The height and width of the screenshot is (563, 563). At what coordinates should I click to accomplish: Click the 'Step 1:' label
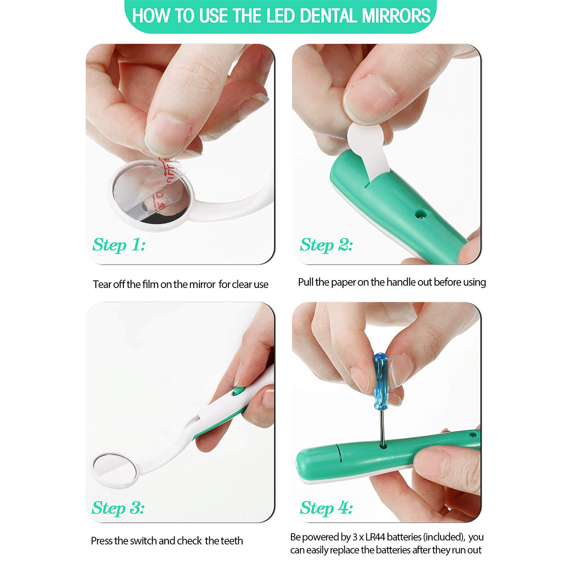click(x=119, y=245)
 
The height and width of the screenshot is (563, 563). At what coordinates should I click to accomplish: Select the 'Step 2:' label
click(x=326, y=245)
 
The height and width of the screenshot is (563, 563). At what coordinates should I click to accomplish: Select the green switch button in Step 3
click(x=238, y=391)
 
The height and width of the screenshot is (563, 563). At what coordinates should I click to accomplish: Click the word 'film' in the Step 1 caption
click(x=151, y=284)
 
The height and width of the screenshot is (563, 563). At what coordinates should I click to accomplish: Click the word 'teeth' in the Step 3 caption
click(x=232, y=540)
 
